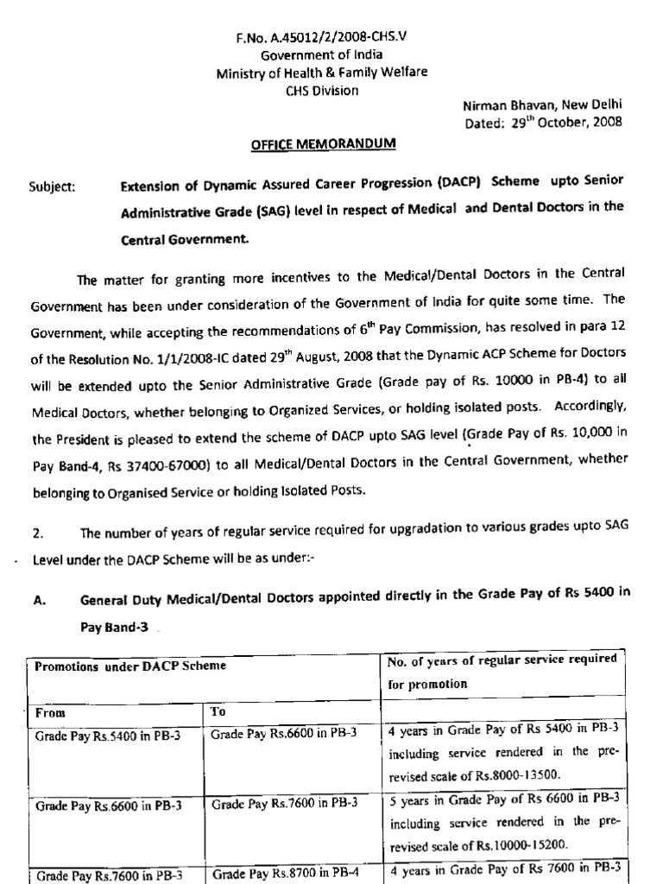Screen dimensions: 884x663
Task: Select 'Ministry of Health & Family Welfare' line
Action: point(321,73)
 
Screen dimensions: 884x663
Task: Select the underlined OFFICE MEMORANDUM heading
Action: point(323,144)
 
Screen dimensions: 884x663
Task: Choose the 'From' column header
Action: point(50,713)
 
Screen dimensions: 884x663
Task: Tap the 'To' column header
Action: point(218,713)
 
